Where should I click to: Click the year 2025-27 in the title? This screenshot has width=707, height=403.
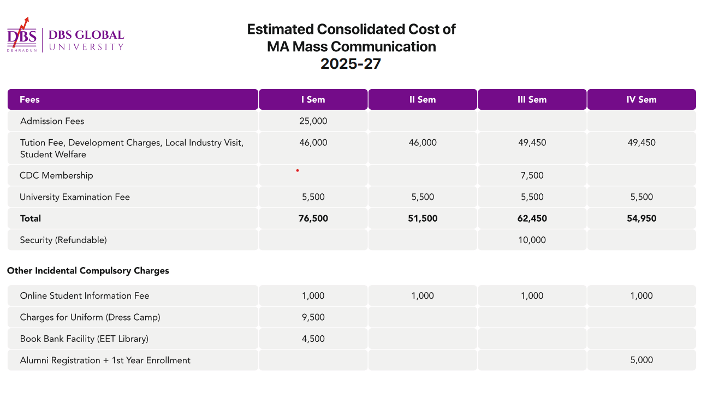(350, 64)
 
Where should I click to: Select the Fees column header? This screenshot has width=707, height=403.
(29, 99)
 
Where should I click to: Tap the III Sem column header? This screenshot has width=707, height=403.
(532, 99)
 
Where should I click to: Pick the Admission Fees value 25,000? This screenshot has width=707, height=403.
(313, 121)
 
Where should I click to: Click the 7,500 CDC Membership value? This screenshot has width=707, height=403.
(532, 175)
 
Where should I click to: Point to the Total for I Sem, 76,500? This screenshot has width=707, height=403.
(313, 218)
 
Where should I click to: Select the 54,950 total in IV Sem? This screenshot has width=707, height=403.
(641, 218)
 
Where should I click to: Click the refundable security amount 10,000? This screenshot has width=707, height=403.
(532, 240)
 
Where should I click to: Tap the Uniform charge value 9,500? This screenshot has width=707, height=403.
(313, 317)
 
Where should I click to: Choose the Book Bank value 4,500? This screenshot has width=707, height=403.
(313, 339)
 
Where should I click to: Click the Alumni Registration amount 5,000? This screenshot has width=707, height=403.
(641, 360)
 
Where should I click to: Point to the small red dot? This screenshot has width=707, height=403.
(298, 170)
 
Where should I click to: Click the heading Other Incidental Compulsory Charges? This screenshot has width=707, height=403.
(88, 271)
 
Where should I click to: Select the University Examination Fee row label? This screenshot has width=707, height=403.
(75, 197)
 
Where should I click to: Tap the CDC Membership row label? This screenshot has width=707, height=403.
(56, 175)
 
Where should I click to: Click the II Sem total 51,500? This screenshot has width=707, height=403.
(423, 218)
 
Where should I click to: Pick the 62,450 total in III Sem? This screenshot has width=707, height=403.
(532, 218)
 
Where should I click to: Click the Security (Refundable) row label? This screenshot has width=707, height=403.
(63, 240)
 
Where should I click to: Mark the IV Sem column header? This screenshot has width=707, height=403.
(641, 99)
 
